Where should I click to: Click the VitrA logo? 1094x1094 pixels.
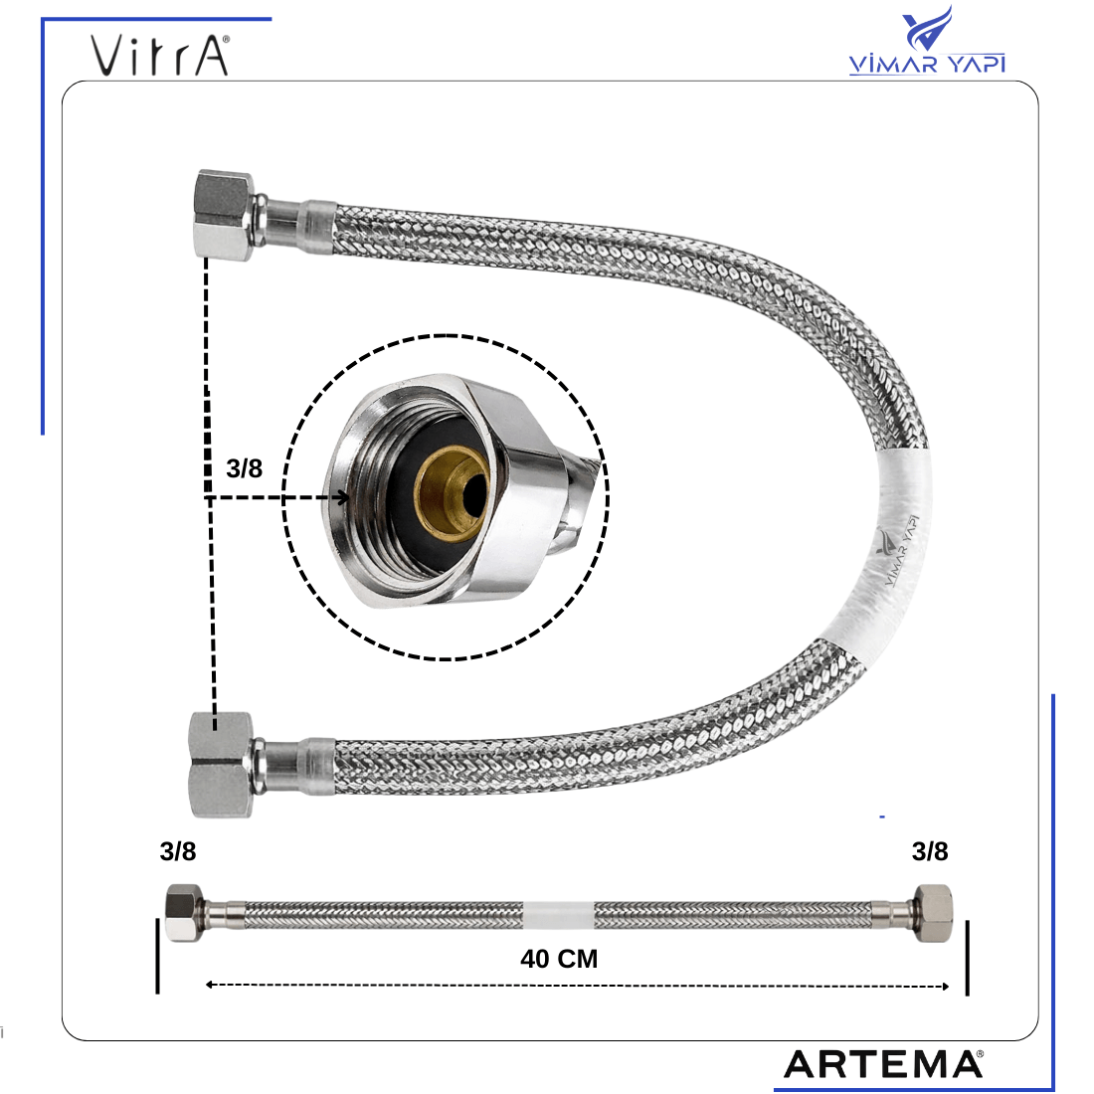(160, 56)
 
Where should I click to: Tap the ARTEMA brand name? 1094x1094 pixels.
(883, 1065)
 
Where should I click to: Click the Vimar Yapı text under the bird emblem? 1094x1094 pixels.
(927, 64)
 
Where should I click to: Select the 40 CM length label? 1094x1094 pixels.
(559, 959)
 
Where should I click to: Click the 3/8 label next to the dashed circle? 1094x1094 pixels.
(245, 468)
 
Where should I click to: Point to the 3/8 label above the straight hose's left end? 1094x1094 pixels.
(178, 851)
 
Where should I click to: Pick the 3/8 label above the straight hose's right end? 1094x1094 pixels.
(930, 851)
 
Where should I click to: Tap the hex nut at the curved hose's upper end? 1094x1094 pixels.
(223, 215)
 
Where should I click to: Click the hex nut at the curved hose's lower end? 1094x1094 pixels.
(221, 765)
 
